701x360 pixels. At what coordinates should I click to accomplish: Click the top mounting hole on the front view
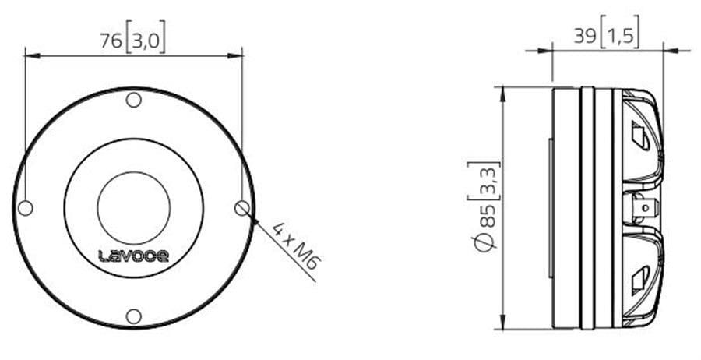(x=133, y=100)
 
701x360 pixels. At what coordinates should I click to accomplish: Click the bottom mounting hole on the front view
(x=133, y=316)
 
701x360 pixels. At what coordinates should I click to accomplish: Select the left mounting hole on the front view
(x=26, y=208)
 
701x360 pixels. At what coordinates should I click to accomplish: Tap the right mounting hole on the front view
(x=242, y=207)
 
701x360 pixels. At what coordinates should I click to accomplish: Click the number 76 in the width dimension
(x=111, y=40)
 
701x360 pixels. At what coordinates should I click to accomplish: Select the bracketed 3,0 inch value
(x=146, y=40)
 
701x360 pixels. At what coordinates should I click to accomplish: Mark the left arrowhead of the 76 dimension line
(x=30, y=55)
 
